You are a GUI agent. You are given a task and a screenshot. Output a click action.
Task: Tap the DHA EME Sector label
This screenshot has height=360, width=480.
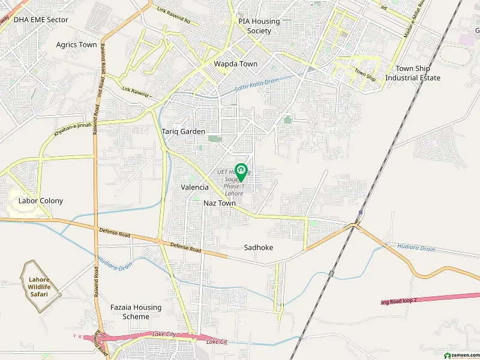(x=41, y=20)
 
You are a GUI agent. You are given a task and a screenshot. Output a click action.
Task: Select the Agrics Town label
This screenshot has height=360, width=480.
(x=76, y=45)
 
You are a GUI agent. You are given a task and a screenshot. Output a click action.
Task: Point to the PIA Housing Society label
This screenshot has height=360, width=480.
(x=259, y=26)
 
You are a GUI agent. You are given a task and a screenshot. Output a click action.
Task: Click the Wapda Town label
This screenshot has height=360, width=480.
(x=236, y=64)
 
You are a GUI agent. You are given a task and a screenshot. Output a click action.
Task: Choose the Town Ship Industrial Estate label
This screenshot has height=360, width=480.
(x=413, y=73)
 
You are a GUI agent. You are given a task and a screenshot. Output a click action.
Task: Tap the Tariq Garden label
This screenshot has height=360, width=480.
(x=184, y=131)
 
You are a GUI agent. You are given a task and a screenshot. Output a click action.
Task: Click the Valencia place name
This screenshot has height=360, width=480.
(x=195, y=187)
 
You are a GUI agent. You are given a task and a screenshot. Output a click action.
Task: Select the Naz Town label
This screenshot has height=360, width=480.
(x=220, y=203)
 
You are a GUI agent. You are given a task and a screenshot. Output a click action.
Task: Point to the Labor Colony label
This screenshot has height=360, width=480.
(x=41, y=201)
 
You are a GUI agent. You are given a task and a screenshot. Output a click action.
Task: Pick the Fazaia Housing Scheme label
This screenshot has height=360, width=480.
(x=136, y=312)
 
